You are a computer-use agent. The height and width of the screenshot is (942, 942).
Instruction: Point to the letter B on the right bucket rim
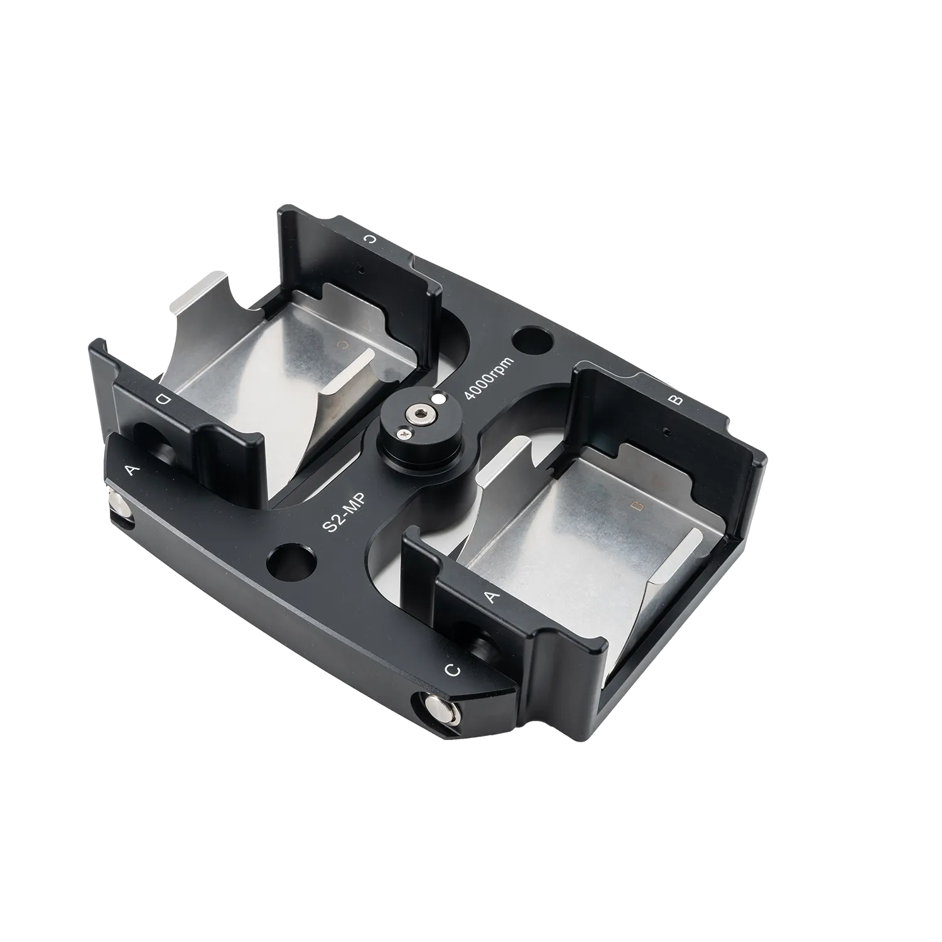tap(677, 400)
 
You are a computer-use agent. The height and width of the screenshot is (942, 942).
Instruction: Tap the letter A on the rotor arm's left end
tap(131, 469)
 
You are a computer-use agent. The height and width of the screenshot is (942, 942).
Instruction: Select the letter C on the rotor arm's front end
tap(453, 670)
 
